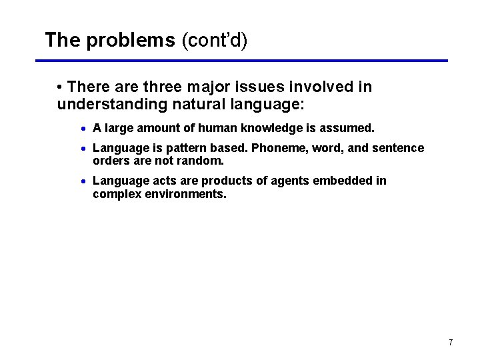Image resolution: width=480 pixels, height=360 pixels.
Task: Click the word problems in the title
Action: [130, 41]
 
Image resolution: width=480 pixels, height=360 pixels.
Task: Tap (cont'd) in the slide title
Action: [214, 41]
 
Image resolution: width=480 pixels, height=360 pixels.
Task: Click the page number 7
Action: [451, 343]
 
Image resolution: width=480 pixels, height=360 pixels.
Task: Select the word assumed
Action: [350, 127]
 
